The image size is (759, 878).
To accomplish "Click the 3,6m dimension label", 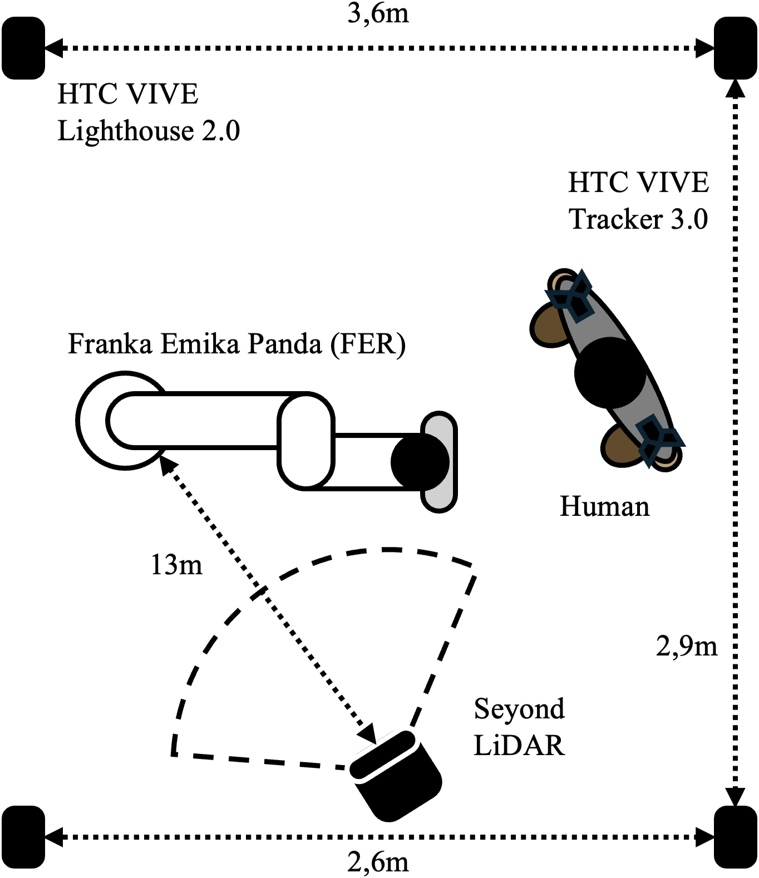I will [x=378, y=13].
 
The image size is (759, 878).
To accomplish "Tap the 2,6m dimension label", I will [x=378, y=862].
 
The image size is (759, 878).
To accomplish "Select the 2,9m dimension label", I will [x=686, y=646].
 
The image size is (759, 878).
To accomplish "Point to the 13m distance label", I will [x=176, y=565].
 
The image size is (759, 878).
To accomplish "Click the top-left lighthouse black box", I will [x=23, y=48].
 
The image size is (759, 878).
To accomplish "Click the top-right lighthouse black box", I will [x=735, y=48].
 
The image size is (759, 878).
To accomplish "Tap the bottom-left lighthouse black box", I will [x=23, y=836].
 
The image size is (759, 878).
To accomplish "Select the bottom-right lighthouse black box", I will [x=735, y=836].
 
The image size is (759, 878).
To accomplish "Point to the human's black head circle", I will [x=609, y=373].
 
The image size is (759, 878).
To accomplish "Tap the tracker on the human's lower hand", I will [x=659, y=440].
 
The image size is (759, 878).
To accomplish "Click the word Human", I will [x=604, y=506].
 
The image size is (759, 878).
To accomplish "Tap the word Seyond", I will [x=519, y=709].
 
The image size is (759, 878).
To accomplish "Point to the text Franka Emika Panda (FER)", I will [x=236, y=344].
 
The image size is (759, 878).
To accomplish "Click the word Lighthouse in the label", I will [x=125, y=131].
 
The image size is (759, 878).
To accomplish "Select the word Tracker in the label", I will [x=615, y=219].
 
